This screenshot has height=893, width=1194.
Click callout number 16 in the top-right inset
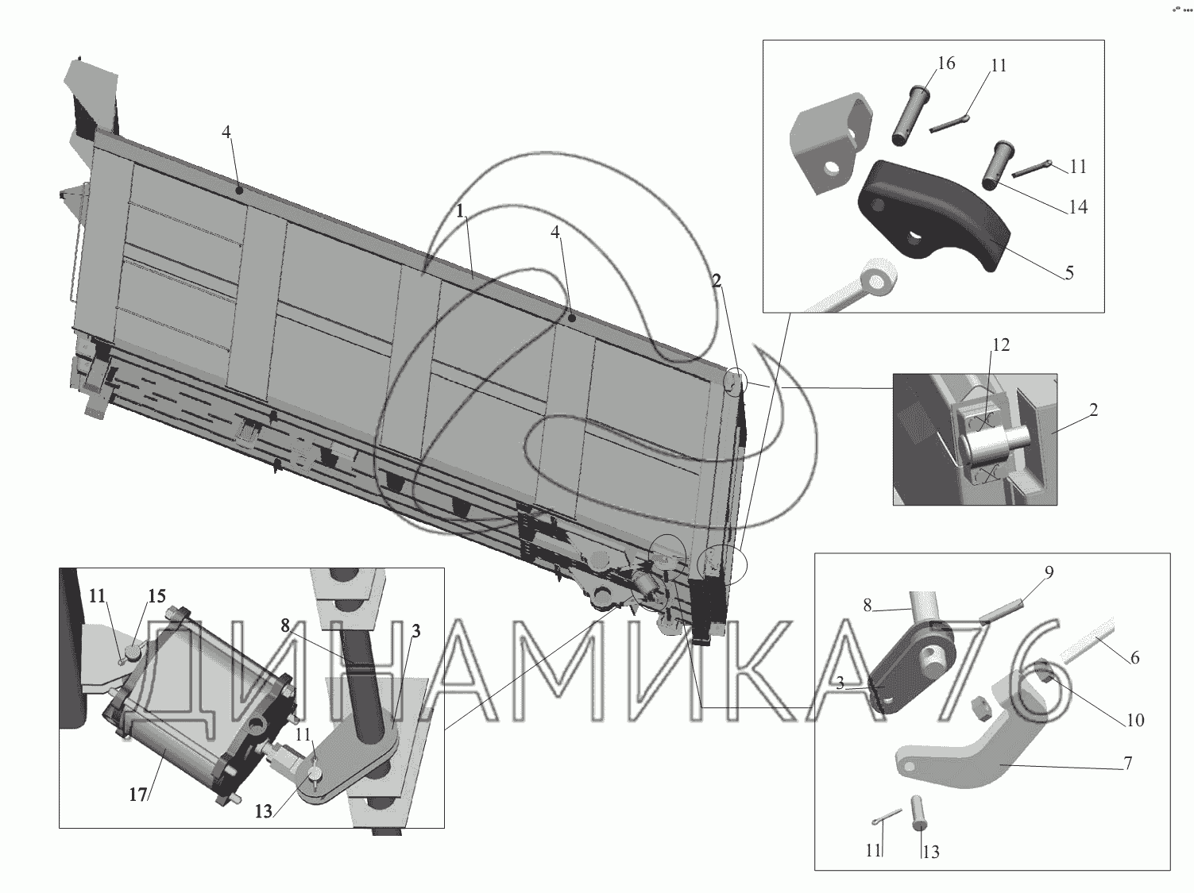[x=946, y=64]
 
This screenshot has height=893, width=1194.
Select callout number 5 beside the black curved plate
[x=1069, y=273]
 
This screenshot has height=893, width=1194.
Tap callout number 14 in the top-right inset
[x=1077, y=207]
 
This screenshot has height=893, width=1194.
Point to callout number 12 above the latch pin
[x=1001, y=344]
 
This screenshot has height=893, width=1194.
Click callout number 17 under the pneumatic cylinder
[x=138, y=795]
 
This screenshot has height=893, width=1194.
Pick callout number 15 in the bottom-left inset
[x=156, y=596]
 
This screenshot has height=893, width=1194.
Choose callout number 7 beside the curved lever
[x=1127, y=763]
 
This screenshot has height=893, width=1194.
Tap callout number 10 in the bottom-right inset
[x=1135, y=720]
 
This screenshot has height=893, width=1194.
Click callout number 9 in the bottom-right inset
[x=1049, y=572]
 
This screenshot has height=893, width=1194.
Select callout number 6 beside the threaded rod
[x=1134, y=658]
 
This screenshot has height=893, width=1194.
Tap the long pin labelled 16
[x=908, y=114]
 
